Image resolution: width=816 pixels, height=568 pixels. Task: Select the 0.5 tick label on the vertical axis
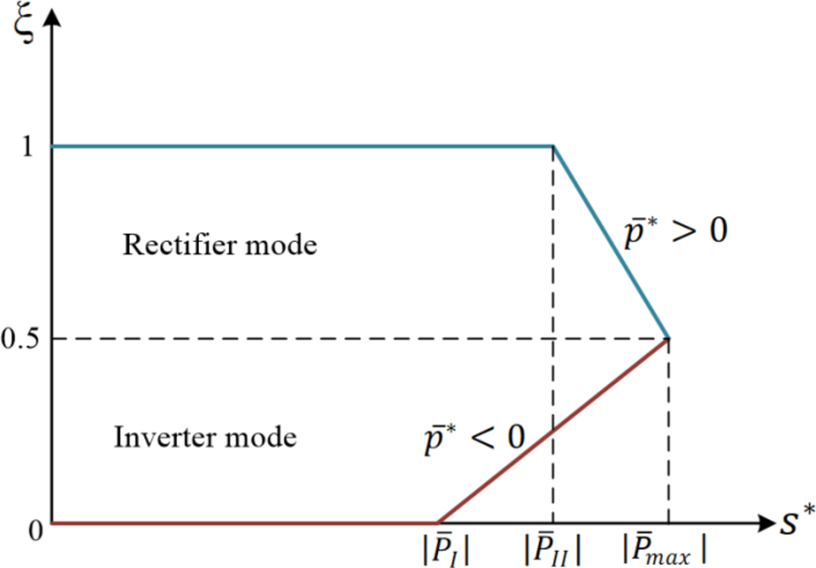coord(19,339)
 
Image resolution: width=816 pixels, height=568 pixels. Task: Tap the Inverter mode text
coord(205,438)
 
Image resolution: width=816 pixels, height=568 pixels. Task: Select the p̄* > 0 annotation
coord(674,234)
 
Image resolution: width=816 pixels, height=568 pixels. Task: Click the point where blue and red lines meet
coord(669,338)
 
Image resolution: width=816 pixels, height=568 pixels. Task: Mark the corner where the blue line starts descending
coord(553,147)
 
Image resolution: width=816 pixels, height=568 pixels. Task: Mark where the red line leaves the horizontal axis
coord(437,523)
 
